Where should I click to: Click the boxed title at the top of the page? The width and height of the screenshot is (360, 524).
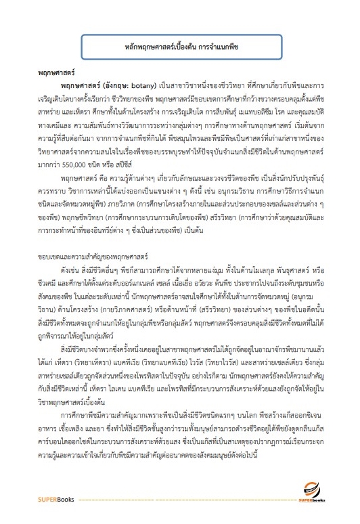tap(180, 49)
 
